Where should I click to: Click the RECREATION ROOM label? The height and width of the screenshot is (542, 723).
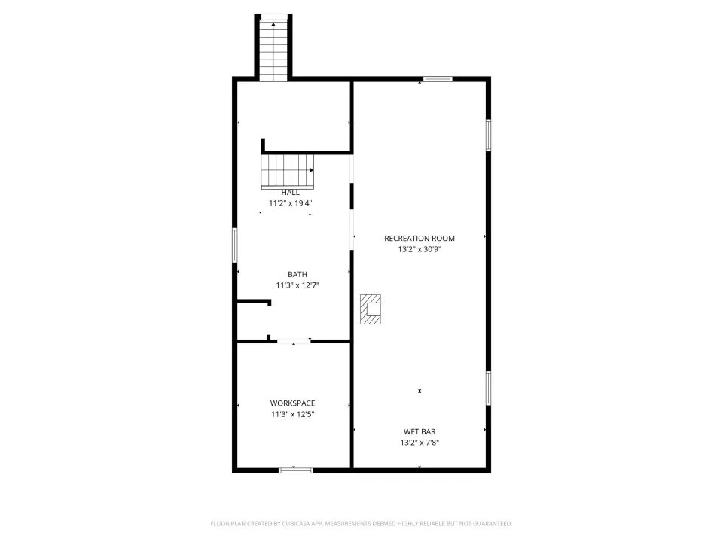coord(419,239)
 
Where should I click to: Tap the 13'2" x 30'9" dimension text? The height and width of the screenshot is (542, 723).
coord(419,249)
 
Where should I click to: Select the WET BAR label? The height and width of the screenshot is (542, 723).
coord(419,432)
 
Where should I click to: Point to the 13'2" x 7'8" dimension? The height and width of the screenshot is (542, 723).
coord(419,443)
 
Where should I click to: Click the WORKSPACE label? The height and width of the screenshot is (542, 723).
coord(292,403)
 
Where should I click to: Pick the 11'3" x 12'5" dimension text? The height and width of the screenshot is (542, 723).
coord(292,414)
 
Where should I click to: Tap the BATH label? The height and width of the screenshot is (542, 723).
coord(297,274)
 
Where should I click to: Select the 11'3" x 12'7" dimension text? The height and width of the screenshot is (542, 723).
coord(297,285)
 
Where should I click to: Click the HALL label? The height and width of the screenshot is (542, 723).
coord(291,193)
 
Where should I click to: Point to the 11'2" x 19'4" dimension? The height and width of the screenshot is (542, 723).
coord(291,203)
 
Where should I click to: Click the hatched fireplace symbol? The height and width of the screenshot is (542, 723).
coord(371,309)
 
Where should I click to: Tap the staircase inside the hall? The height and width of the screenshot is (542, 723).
coord(287,172)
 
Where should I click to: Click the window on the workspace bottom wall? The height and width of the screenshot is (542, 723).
coord(296,470)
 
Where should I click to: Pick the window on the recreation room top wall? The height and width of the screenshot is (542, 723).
coord(438,79)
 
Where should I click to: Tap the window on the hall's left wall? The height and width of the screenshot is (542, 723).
coord(235,245)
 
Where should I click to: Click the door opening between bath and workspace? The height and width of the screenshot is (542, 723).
coord(294,342)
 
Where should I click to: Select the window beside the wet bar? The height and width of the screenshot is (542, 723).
coord(488,388)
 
